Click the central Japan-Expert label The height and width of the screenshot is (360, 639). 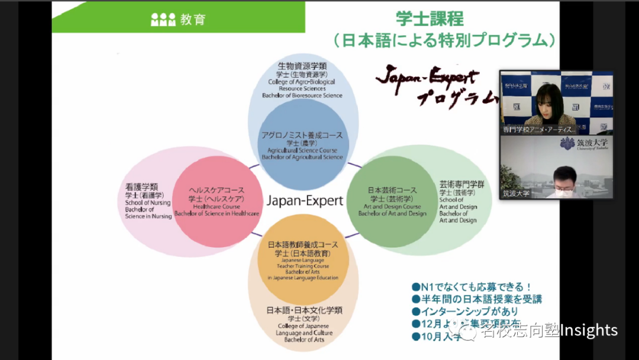pos(305,201)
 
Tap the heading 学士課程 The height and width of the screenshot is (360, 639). pos(430,18)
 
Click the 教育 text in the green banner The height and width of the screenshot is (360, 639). pos(192,20)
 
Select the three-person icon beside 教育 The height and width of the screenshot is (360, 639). pos(163,20)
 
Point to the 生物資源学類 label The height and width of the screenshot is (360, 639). pos(302,66)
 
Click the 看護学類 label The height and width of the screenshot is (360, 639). pos(141,187)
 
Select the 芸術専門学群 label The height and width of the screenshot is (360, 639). pos(461,184)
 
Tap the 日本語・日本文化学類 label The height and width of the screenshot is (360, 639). pos(304,310)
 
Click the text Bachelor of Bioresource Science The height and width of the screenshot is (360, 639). pos(302,95)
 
